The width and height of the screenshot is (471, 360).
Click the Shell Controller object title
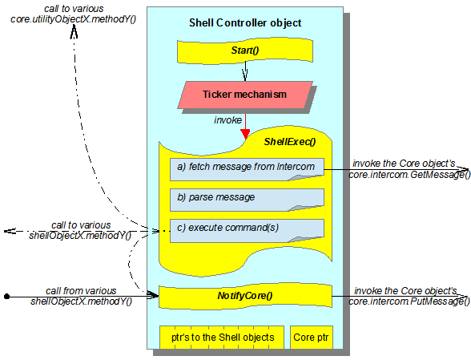pyautogui.click(x=245, y=23)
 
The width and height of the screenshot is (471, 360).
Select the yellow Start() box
pyautogui.click(x=245, y=51)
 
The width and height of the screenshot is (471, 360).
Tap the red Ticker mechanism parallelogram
pyautogui.click(x=245, y=95)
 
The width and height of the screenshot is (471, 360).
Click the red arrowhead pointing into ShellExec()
pyautogui.click(x=245, y=134)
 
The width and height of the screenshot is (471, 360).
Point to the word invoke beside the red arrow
pyautogui.click(x=227, y=120)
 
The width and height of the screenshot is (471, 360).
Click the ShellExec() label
pyautogui.click(x=290, y=142)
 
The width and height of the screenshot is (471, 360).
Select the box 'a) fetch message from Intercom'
pyautogui.click(x=247, y=169)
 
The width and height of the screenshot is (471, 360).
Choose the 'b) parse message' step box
pyautogui.click(x=247, y=200)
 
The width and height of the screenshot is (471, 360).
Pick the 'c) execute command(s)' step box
pyautogui.click(x=247, y=230)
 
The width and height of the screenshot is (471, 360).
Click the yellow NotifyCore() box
pyautogui.click(x=245, y=296)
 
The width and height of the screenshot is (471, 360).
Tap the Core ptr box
pyautogui.click(x=311, y=337)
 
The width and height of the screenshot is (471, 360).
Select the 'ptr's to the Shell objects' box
pyautogui.click(x=222, y=337)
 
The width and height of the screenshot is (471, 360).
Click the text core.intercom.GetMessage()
pyautogui.click(x=409, y=175)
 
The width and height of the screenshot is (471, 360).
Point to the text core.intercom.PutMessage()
pyautogui.click(x=409, y=301)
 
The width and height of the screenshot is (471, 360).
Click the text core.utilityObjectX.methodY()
pyautogui.click(x=74, y=19)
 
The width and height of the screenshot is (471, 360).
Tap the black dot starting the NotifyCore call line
pyautogui.click(x=7, y=297)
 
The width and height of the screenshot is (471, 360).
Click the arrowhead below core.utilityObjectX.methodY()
pyautogui.click(x=74, y=31)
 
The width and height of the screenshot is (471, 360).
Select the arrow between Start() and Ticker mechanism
pyautogui.click(x=245, y=71)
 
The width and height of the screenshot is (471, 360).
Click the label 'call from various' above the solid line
pyautogui.click(x=81, y=291)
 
